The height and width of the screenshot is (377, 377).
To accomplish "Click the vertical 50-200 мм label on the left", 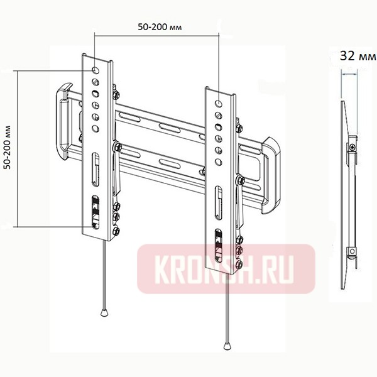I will [x=7, y=148].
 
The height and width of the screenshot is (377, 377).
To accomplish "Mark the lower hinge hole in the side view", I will [x=352, y=253].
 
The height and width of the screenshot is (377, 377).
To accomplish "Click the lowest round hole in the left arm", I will [x=94, y=128].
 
